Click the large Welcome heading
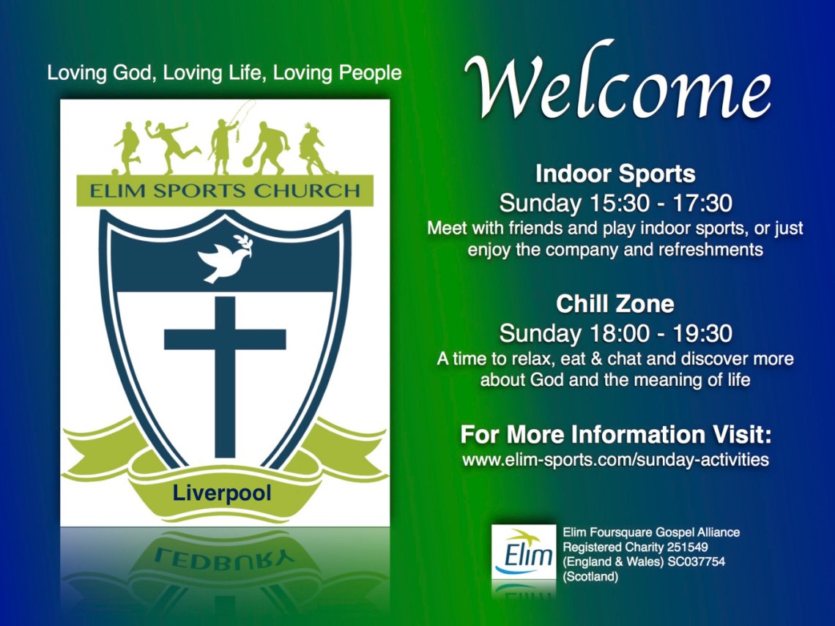coord(617,81)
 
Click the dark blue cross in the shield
coord(225,376)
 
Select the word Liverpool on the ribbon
coord(222,493)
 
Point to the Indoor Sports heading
coord(615,174)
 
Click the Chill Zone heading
coord(615,304)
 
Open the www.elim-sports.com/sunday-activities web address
coord(615,459)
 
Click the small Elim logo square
coord(524,552)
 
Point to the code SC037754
coord(699,562)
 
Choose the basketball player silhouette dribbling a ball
coord(267,149)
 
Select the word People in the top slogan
coord(371,73)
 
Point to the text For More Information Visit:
coord(615,434)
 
